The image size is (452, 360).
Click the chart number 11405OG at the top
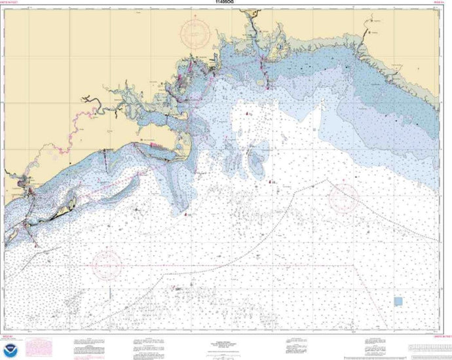pos(225,3)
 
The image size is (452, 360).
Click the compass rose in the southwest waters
pos(108,264)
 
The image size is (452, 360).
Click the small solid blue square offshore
pos(398,301)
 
